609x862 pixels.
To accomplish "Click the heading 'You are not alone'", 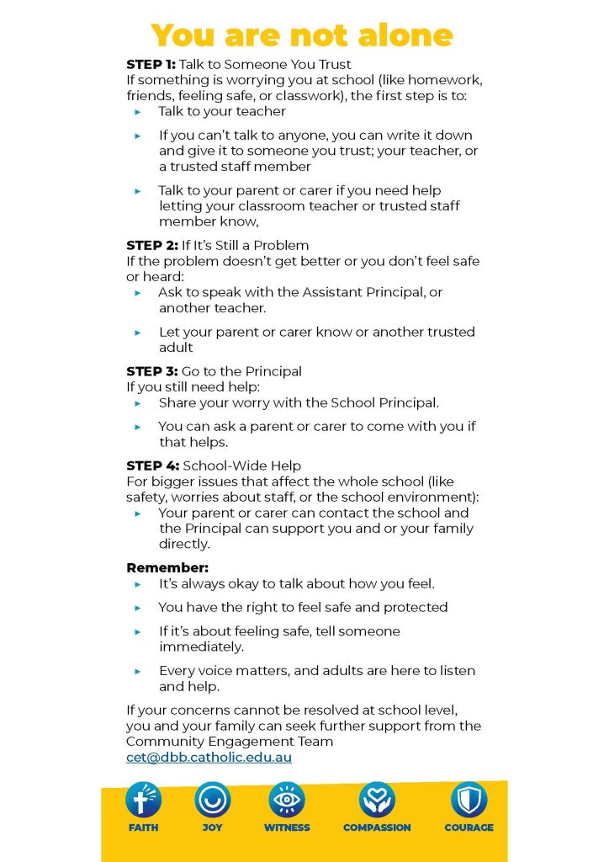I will point(303,35).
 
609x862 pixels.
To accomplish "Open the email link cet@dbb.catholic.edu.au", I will point(209,758).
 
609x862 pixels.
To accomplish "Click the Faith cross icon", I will point(143,800).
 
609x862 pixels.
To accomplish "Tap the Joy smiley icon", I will point(212,800).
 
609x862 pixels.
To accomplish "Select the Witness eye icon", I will point(287,800).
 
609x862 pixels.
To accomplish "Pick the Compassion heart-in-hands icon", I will point(377,800).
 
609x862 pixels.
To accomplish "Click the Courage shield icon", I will point(469,800).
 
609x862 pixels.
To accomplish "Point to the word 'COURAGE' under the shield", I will point(469,827).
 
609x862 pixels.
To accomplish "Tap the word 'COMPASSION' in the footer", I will point(377,827).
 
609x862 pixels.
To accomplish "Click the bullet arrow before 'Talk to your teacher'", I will point(139,111).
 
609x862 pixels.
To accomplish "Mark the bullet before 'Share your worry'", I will point(139,403).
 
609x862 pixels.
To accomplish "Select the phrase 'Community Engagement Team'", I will point(230,742).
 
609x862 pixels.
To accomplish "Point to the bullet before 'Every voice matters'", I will point(139,671).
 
